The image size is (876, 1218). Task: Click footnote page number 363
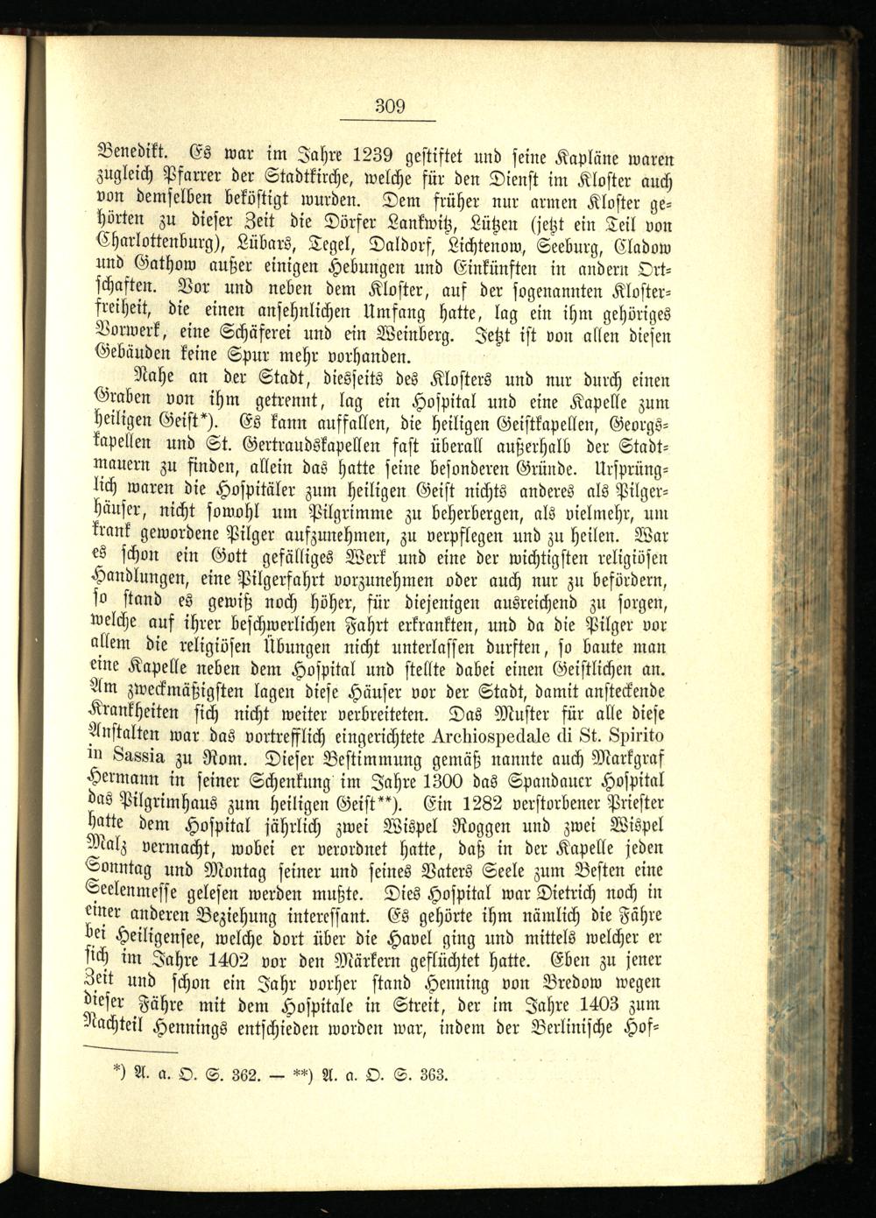430,1075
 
